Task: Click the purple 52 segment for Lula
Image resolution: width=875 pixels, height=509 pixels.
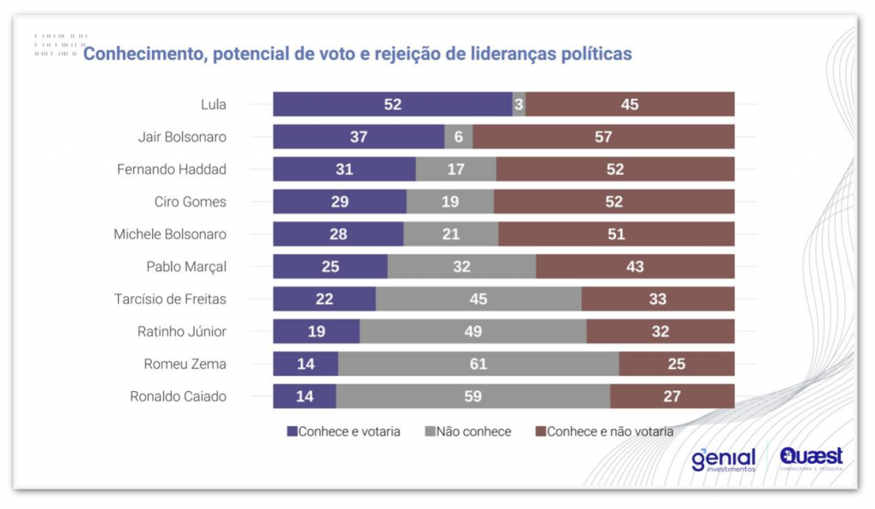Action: [x=392, y=104]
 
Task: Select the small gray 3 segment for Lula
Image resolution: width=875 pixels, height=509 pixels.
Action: [x=520, y=104]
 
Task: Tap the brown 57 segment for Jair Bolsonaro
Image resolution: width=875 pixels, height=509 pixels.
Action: [x=603, y=137]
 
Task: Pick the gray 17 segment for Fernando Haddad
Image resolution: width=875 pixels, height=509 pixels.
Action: [x=455, y=169]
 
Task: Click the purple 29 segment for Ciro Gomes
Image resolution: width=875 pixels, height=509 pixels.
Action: [x=339, y=202]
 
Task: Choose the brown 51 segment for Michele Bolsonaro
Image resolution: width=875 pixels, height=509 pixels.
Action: [x=616, y=234]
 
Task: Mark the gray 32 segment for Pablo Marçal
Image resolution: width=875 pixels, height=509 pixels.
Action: [x=461, y=266]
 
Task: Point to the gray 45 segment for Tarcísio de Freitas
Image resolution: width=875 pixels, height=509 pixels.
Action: [x=479, y=299]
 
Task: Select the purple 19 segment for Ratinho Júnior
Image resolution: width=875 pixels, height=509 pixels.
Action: [x=316, y=331]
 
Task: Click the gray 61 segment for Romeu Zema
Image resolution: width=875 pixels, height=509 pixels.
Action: [x=479, y=364]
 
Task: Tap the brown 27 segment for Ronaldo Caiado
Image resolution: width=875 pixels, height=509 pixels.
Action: [x=672, y=396]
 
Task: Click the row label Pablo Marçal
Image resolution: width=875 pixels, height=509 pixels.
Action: [x=186, y=266]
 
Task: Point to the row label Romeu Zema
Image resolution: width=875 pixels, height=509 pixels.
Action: [x=185, y=364]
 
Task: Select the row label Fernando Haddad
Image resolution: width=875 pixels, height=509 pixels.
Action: [x=172, y=169]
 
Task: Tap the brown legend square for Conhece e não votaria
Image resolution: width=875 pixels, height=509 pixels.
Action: [x=540, y=431]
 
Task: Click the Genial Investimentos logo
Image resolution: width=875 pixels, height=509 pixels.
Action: [x=723, y=459]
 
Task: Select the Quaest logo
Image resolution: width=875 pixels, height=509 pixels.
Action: [x=811, y=459]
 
